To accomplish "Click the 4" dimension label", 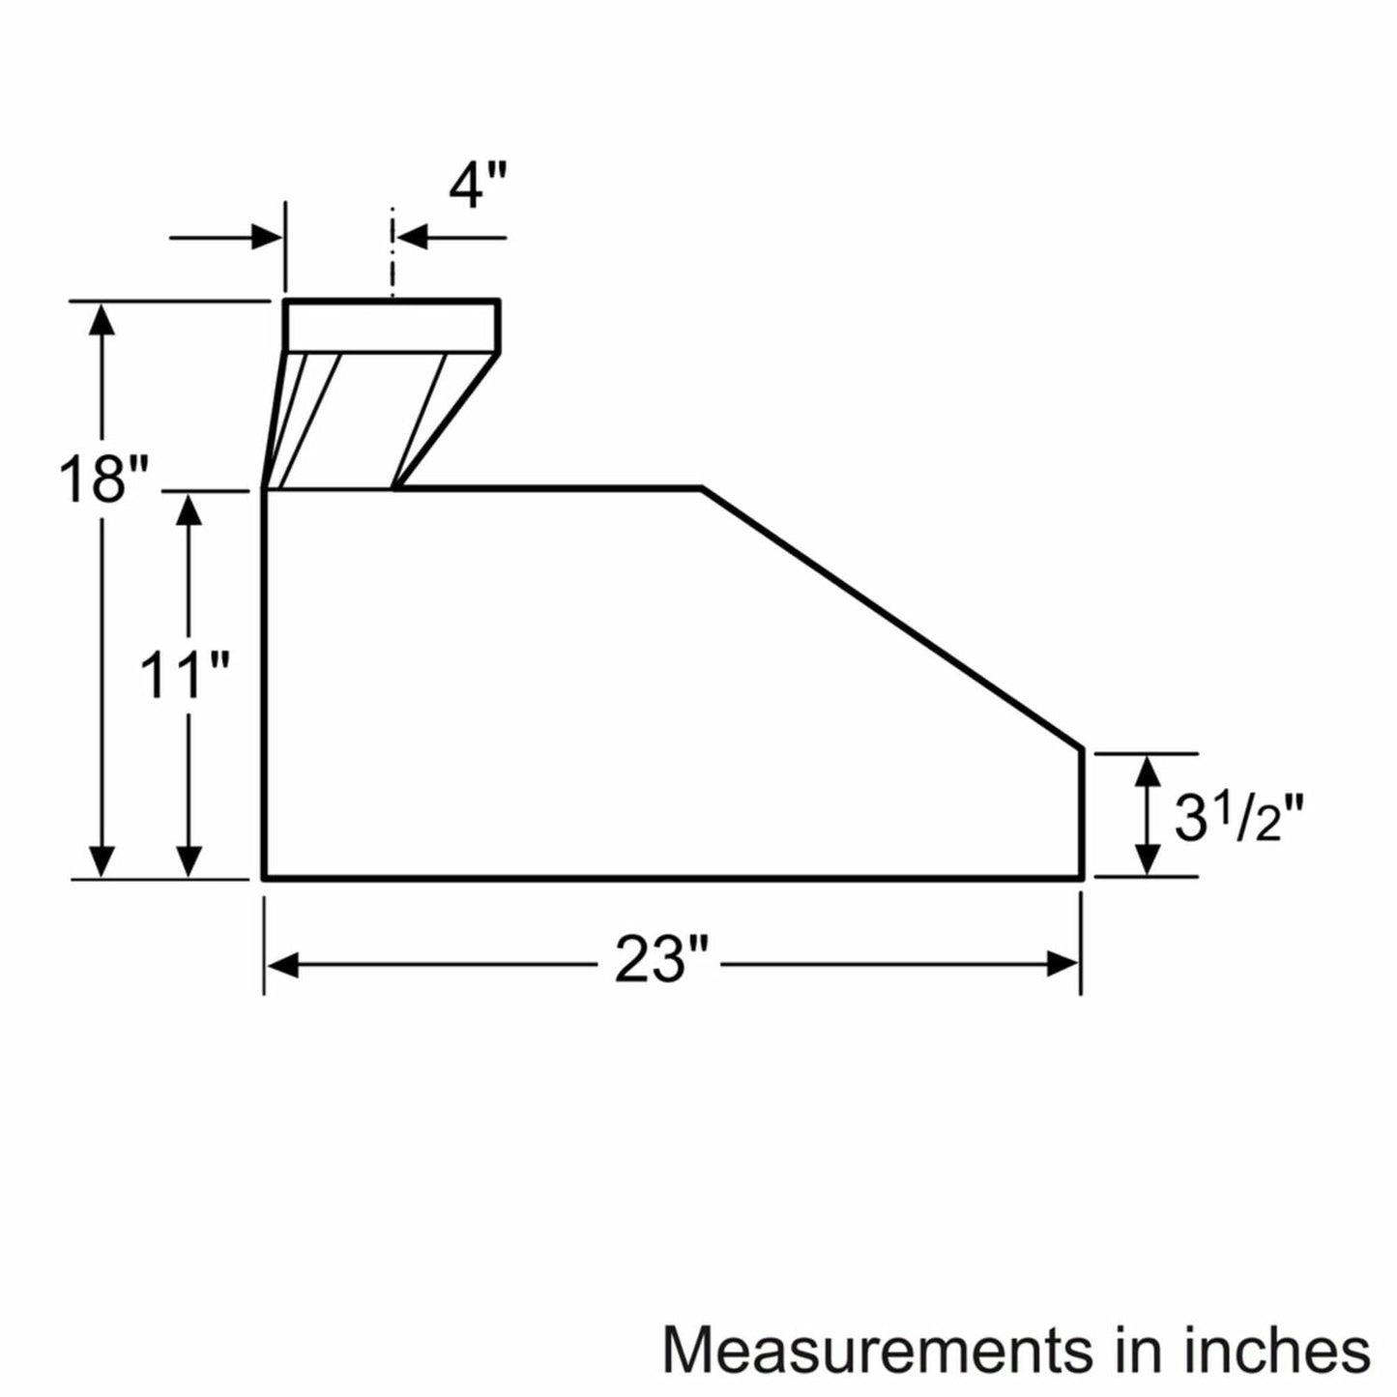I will pyautogui.click(x=477, y=186).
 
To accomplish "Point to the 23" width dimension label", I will pyautogui.click(x=661, y=962).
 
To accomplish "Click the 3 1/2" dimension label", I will pyautogui.click(x=1238, y=818).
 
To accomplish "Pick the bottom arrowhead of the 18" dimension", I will pyautogui.click(x=102, y=860).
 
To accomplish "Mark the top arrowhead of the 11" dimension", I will pyautogui.click(x=189, y=509).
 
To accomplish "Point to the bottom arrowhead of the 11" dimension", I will pyautogui.click(x=189, y=860).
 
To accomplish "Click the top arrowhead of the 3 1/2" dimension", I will pyautogui.click(x=1147, y=771).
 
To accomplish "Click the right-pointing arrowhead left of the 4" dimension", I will pyautogui.click(x=267, y=236).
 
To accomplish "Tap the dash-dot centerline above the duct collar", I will pyautogui.click(x=392, y=251).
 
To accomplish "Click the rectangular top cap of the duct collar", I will pyautogui.click(x=392, y=327).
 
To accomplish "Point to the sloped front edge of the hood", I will pyautogui.click(x=889, y=619).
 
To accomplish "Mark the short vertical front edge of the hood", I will pyautogui.click(x=1081, y=814).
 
